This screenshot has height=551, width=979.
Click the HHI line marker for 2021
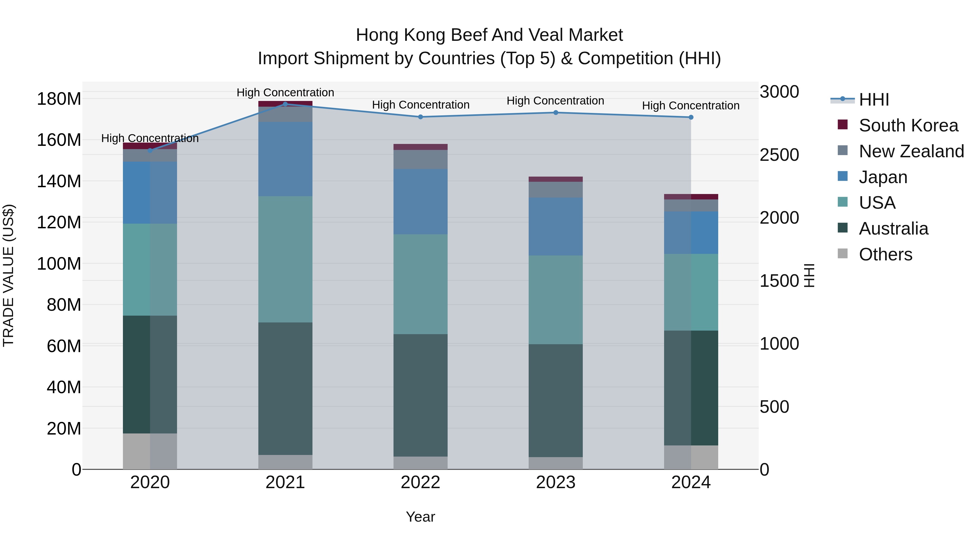(x=286, y=104)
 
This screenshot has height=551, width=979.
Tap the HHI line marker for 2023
(x=556, y=113)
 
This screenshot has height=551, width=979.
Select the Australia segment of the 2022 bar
(x=420, y=395)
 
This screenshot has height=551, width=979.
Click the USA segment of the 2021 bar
(x=286, y=259)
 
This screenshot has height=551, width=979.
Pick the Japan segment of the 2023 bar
(x=556, y=226)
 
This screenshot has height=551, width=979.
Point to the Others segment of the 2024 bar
(x=691, y=457)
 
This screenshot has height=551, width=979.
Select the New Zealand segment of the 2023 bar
(x=556, y=189)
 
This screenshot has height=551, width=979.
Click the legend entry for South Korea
(x=908, y=125)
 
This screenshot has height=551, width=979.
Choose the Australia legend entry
(x=893, y=229)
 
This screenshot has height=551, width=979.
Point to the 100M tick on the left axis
(x=59, y=263)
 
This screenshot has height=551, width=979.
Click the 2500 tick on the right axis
(x=779, y=155)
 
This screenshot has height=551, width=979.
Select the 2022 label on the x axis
(x=420, y=482)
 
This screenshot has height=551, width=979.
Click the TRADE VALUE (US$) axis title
(x=8, y=275)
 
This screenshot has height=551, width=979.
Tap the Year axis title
(x=420, y=517)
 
